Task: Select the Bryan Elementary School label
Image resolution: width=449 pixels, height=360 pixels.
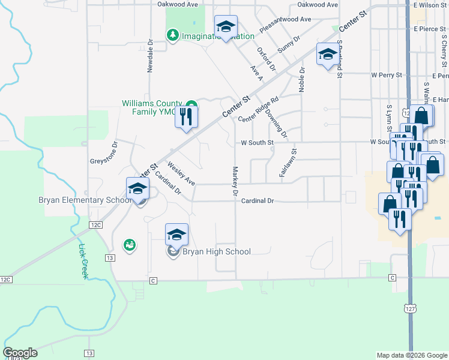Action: (85, 200)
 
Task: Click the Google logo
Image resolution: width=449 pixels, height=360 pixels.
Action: (20, 353)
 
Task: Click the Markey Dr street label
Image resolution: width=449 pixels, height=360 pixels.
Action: (235, 181)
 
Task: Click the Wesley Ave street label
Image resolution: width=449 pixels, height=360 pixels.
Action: (181, 173)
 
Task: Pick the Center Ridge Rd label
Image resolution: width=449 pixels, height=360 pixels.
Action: (259, 109)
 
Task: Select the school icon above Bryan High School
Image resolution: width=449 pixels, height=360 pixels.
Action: (177, 234)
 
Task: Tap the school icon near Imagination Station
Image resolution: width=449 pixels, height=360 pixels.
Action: (226, 26)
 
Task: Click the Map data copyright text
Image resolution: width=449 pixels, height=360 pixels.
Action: (412, 355)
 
